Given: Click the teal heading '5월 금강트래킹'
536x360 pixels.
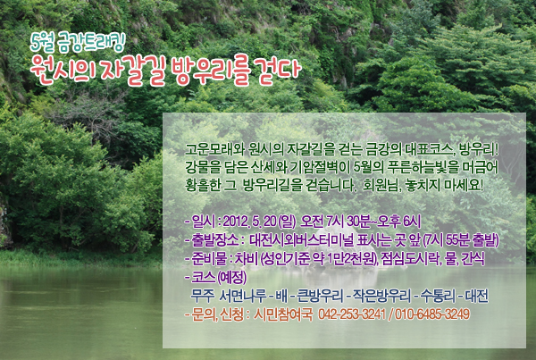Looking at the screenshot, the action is (78, 43).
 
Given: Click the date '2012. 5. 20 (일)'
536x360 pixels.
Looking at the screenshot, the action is (259, 222).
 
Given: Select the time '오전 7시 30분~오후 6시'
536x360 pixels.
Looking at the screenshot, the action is (360, 222).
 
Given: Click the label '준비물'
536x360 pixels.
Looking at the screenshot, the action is (209, 259).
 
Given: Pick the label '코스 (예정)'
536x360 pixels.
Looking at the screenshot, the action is (219, 277).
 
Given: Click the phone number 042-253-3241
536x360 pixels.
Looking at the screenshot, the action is (352, 314).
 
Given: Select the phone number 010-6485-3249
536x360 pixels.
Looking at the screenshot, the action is (432, 314).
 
